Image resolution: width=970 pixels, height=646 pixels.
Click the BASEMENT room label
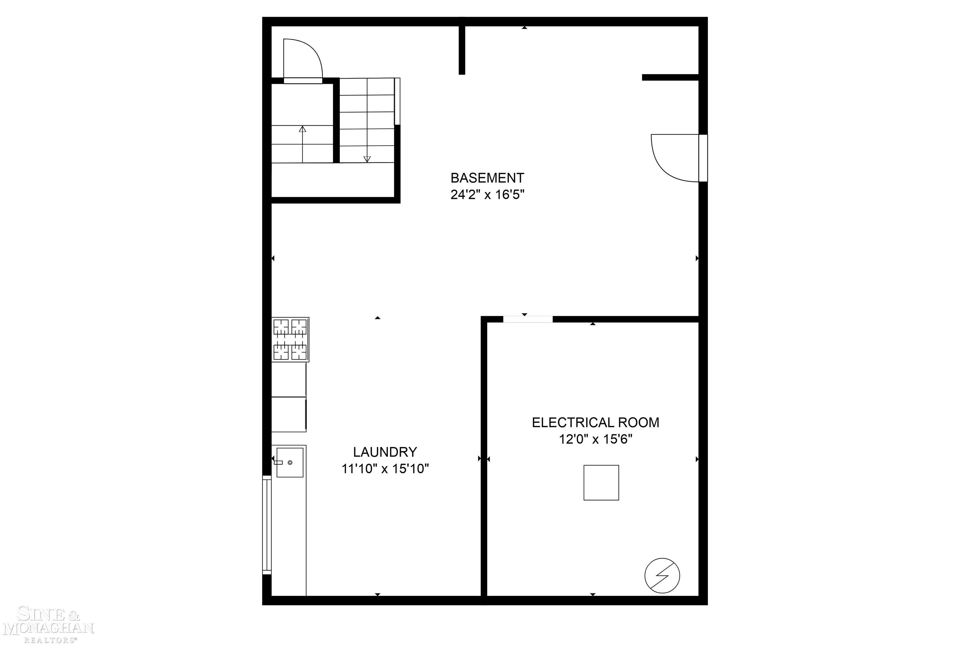click(487, 178)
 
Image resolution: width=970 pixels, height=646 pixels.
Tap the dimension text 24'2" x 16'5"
click(487, 194)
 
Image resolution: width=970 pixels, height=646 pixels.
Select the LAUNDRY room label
click(385, 452)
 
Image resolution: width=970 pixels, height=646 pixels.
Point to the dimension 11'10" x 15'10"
click(385, 469)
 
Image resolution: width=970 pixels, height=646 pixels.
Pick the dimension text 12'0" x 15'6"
click(595, 440)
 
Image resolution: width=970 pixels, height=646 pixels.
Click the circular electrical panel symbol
click(662, 576)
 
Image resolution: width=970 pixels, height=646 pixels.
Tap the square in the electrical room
click(601, 482)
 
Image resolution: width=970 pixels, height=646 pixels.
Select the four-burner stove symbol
click(290, 339)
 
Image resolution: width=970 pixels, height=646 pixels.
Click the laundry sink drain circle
click(290, 463)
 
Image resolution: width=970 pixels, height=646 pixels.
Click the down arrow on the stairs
click(367, 159)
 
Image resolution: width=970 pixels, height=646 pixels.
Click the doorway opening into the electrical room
click(528, 319)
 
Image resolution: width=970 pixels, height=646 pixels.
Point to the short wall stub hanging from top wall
click(462, 50)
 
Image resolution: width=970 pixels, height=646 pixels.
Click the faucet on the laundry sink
click(278, 463)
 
